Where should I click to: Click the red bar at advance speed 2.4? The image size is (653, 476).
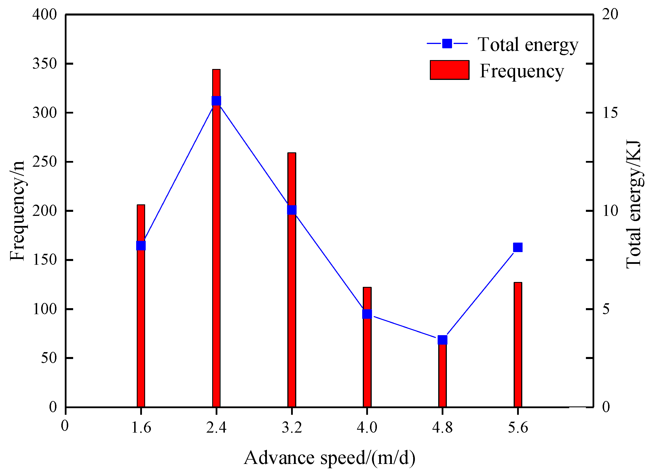tap(216, 254)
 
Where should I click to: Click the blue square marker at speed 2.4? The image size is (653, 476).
tap(216, 101)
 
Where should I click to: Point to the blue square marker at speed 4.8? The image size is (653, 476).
tap(442, 340)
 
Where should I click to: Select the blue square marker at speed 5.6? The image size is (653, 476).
tap(518, 247)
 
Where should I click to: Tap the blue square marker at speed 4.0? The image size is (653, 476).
tap(367, 314)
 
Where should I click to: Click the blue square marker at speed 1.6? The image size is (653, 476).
tap(141, 246)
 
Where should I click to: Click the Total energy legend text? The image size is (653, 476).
tap(528, 45)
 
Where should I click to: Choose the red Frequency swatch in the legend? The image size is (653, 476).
tap(449, 70)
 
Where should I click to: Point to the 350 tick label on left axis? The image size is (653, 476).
tap(45, 64)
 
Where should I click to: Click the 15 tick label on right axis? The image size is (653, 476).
tap(610, 113)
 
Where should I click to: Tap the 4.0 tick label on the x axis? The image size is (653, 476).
tap(367, 427)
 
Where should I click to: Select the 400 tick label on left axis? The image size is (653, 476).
tap(45, 14)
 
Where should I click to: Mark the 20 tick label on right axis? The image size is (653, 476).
tap(610, 14)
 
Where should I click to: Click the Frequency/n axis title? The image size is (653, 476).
tap(17, 211)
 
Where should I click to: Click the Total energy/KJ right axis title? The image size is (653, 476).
tap(634, 205)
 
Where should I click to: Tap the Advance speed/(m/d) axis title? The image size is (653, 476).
tap(329, 458)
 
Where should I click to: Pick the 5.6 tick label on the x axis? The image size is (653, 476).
tap(518, 427)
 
